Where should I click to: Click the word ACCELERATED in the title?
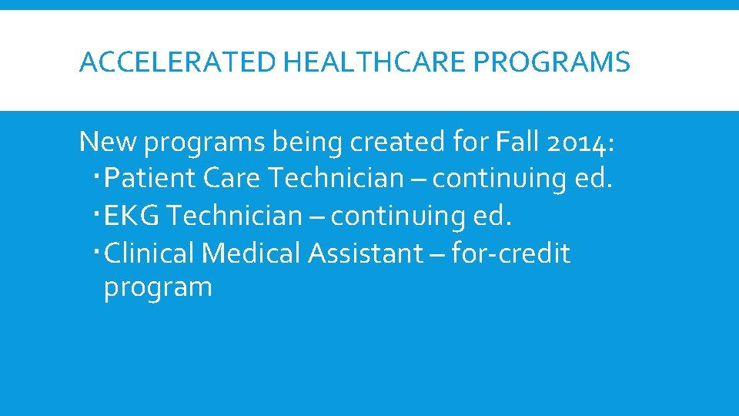pos(177,62)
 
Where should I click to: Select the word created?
pos(395,142)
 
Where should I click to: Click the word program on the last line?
pos(158,288)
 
